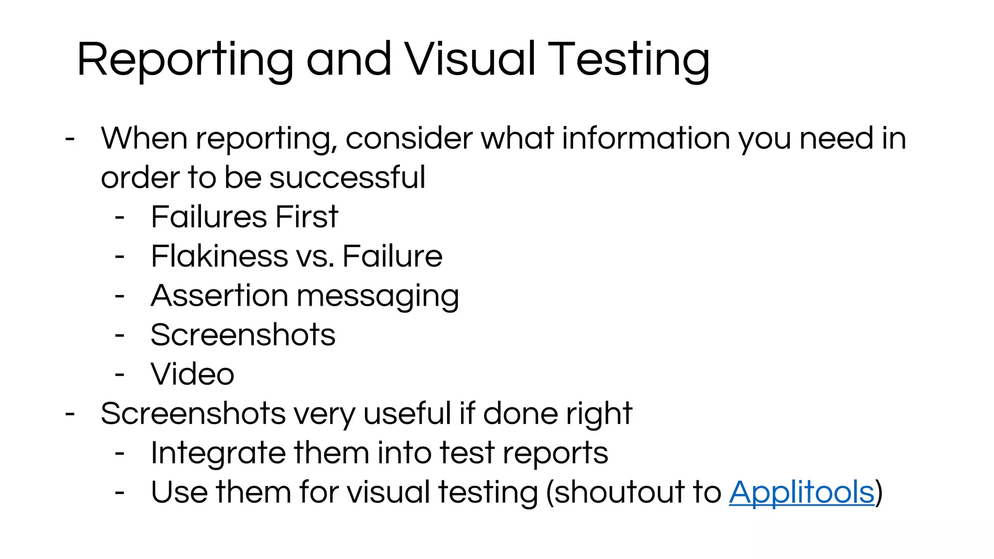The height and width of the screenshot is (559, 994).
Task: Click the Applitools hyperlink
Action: [801, 492]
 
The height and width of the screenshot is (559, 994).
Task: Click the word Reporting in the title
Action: [185, 60]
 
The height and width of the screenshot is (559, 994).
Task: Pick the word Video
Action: [193, 374]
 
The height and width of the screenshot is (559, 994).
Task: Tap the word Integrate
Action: [218, 454]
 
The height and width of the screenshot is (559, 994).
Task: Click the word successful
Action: [347, 177]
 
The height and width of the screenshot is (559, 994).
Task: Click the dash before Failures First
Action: [120, 217]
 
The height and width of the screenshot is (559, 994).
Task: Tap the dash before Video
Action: [120, 375]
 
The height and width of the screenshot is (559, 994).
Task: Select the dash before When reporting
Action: [70, 139]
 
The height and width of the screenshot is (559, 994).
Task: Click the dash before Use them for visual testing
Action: [120, 493]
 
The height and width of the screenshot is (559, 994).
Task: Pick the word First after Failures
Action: [306, 216]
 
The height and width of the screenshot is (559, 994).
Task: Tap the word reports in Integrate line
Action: [555, 454]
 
